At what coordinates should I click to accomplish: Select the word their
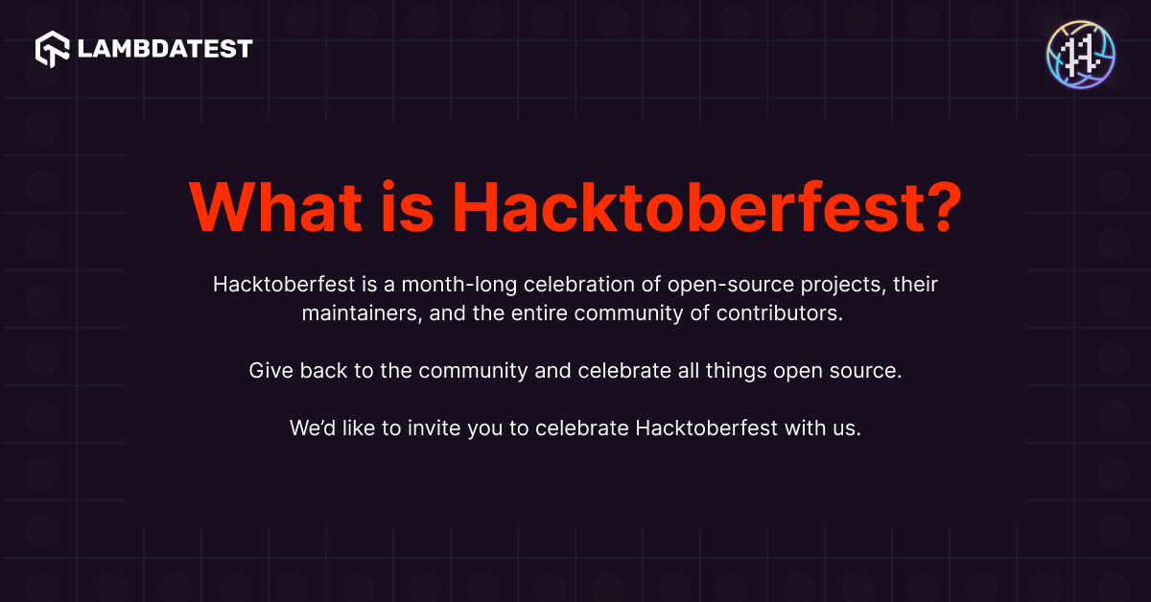914,285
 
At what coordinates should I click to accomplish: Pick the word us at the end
847,428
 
